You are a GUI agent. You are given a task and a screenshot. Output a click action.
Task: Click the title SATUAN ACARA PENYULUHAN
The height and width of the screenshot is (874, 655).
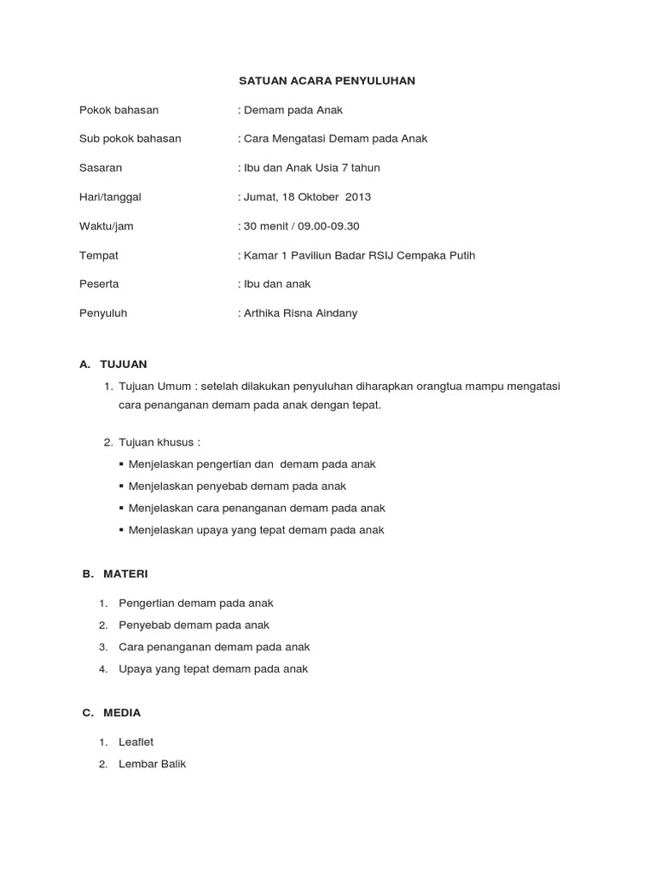click(326, 81)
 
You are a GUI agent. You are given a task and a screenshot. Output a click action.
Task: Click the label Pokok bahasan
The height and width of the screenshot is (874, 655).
click(119, 110)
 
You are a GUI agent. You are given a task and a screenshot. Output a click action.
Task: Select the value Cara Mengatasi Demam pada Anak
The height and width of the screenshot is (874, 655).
click(334, 138)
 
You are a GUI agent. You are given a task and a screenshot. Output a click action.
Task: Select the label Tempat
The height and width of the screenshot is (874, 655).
click(99, 255)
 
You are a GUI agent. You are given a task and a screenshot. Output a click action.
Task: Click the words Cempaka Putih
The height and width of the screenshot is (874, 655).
click(443, 255)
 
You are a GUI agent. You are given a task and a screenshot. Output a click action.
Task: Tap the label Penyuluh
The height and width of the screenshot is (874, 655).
click(103, 313)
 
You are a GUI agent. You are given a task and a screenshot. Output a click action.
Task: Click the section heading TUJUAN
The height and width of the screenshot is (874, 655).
click(124, 364)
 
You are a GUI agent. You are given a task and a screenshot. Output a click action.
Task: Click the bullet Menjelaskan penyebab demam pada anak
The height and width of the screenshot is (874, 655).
click(237, 486)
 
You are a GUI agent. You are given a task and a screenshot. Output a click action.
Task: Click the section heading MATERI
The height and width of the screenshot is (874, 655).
click(125, 574)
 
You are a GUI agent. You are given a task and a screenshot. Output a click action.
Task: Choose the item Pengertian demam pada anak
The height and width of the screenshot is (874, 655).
click(196, 603)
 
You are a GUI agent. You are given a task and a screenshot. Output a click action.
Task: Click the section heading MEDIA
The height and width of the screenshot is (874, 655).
click(122, 713)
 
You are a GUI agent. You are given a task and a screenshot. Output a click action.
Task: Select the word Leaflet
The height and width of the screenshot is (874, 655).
click(136, 742)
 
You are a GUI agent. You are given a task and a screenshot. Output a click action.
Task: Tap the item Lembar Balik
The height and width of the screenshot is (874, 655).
click(153, 764)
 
